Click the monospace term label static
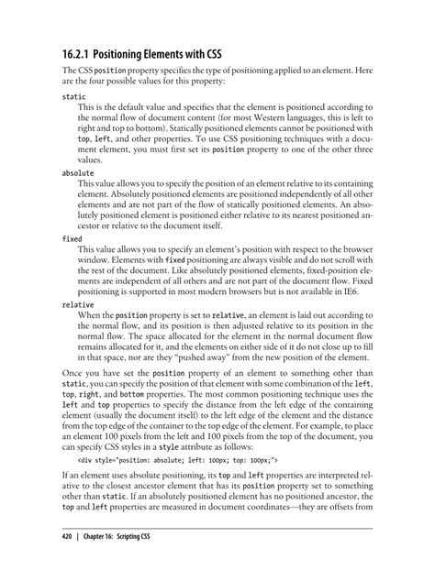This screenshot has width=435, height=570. coord(74,95)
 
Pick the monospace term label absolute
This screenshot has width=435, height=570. coord(80,171)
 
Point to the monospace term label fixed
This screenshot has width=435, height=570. coord(72,237)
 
